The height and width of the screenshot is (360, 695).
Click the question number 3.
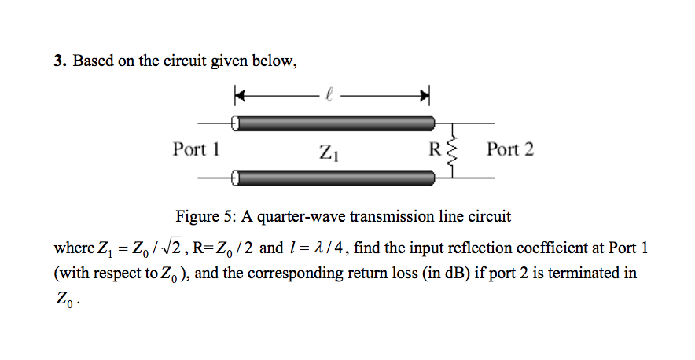pyautogui.click(x=58, y=62)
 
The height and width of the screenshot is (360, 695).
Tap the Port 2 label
pyautogui.click(x=509, y=149)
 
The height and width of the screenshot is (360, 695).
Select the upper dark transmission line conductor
pyautogui.click(x=334, y=123)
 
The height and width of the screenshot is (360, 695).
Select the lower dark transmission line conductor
pyautogui.click(x=334, y=178)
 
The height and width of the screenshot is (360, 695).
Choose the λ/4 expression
pyautogui.click(x=325, y=248)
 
